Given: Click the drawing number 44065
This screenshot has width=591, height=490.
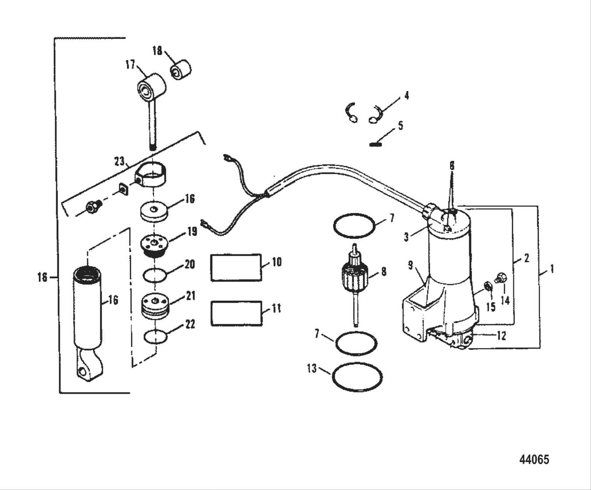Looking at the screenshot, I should coord(534,459).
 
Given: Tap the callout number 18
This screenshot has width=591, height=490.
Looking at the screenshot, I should coord(157,51).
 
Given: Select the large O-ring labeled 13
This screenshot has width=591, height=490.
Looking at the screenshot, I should coord(357,377).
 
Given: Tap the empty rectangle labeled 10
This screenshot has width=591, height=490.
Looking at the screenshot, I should coord(236,267).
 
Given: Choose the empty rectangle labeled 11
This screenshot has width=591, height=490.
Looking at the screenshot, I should coord(237,313).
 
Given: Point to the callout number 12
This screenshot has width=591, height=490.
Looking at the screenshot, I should coord(501,336).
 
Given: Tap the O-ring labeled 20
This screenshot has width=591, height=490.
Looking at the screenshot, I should coord(155,276).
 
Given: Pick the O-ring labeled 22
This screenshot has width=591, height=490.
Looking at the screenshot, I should coord(155,337).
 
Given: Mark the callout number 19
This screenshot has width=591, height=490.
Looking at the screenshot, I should coord(192,231).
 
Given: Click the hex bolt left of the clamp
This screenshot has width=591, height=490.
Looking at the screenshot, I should coord(93,207).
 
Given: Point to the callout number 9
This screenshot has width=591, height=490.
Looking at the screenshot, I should coord(410,265).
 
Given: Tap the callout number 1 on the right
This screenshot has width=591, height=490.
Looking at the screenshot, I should coord(552,269).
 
